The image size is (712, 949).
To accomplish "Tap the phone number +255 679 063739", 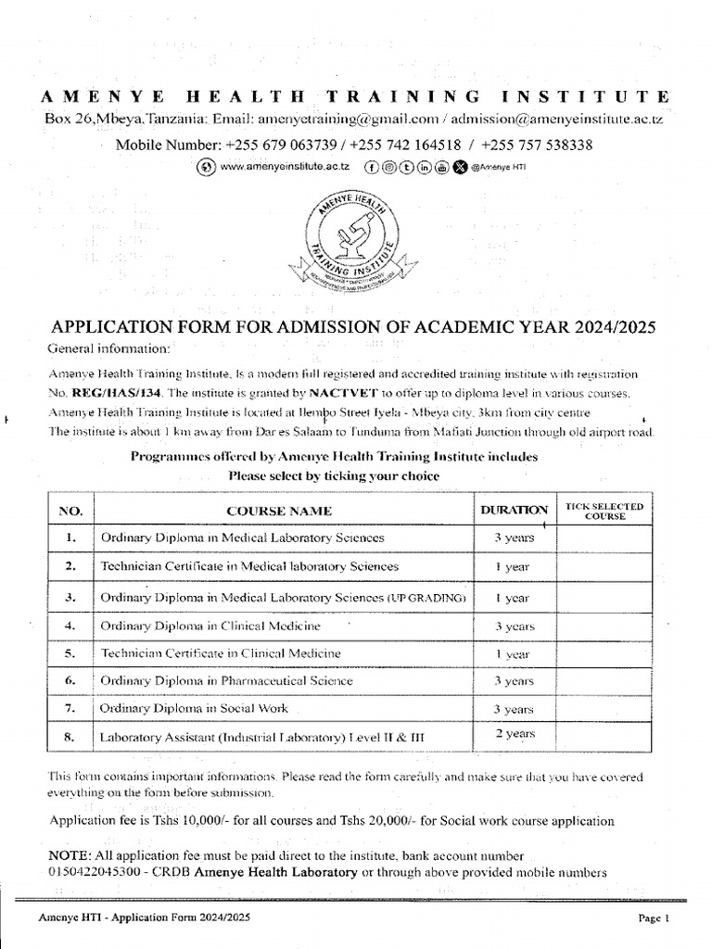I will (284, 146).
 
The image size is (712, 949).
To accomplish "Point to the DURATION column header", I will (513, 510).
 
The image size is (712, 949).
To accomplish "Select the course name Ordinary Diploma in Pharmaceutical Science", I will (226, 681).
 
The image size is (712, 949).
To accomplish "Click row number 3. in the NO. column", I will (70, 597).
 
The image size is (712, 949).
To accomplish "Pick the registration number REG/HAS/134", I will (108, 393).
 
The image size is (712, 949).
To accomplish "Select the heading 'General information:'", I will (108, 348).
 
